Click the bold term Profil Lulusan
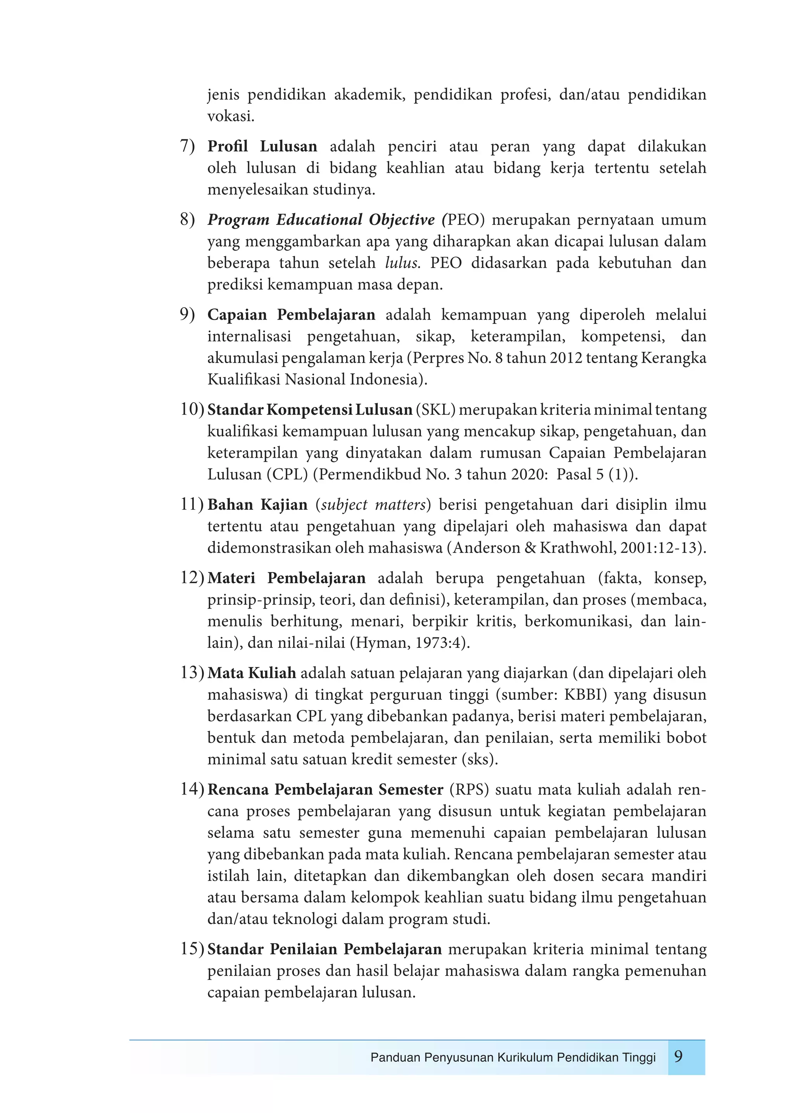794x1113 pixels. pyautogui.click(x=262, y=146)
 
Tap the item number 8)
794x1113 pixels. pyautogui.click(x=187, y=220)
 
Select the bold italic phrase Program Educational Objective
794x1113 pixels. pyautogui.click(x=321, y=220)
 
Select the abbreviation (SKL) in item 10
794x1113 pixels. pyautogui.click(x=435, y=410)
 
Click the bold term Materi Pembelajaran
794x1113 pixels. pyautogui.click(x=287, y=578)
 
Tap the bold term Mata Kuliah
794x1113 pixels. pyautogui.click(x=251, y=673)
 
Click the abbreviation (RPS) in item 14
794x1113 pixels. pyautogui.click(x=469, y=789)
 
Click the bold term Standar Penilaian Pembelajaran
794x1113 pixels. pyautogui.click(x=324, y=949)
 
